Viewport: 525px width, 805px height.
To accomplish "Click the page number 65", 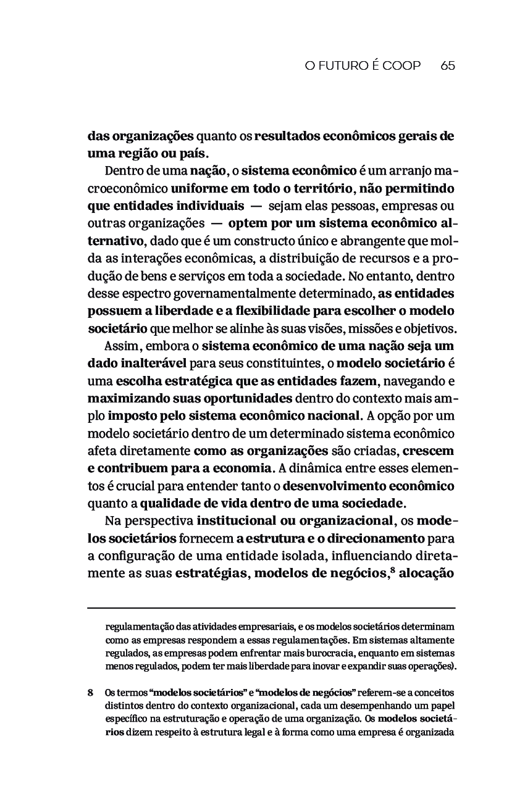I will pyautogui.click(x=448, y=65).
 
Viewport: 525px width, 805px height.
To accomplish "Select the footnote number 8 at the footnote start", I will pyautogui.click(x=91, y=693).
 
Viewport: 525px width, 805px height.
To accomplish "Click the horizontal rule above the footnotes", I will pyautogui.click(x=271, y=609).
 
